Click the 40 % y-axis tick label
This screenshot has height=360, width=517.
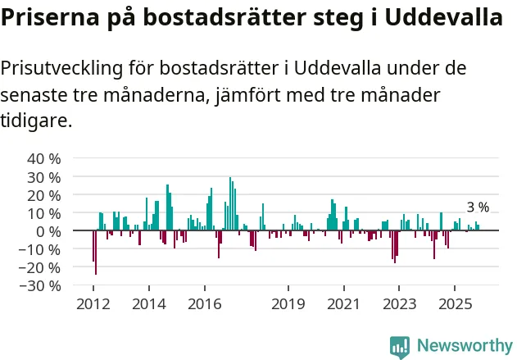[x=44, y=158]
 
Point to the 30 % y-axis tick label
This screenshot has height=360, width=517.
[x=44, y=176]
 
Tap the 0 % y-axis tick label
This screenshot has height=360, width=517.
[x=48, y=231]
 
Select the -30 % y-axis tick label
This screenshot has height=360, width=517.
[x=42, y=285]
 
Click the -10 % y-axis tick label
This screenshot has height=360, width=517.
[x=42, y=249]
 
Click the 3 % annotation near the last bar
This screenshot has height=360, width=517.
[x=478, y=207]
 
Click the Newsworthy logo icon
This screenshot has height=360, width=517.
[x=399, y=346]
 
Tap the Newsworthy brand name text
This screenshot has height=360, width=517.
[x=464, y=346]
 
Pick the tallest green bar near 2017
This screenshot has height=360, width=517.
[x=230, y=204]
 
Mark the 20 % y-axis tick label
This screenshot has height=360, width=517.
[x=44, y=195]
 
